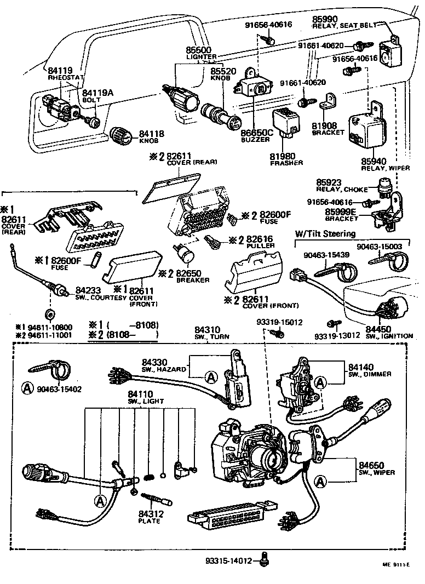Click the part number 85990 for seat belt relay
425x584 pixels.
(324, 18)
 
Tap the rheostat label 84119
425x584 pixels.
(60, 71)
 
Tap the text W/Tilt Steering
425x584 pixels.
(325, 234)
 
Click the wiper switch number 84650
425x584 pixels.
(364, 463)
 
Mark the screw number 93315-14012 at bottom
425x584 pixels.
(228, 560)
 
